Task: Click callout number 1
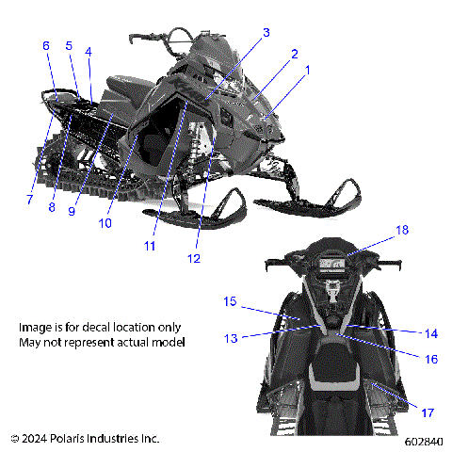click(x=304, y=70)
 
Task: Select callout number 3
click(x=266, y=32)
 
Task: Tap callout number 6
click(x=45, y=45)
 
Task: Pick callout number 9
click(x=72, y=211)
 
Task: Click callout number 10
click(x=105, y=223)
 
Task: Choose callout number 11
click(x=149, y=246)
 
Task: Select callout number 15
click(x=229, y=301)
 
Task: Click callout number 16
click(x=431, y=359)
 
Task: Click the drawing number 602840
click(x=423, y=440)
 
